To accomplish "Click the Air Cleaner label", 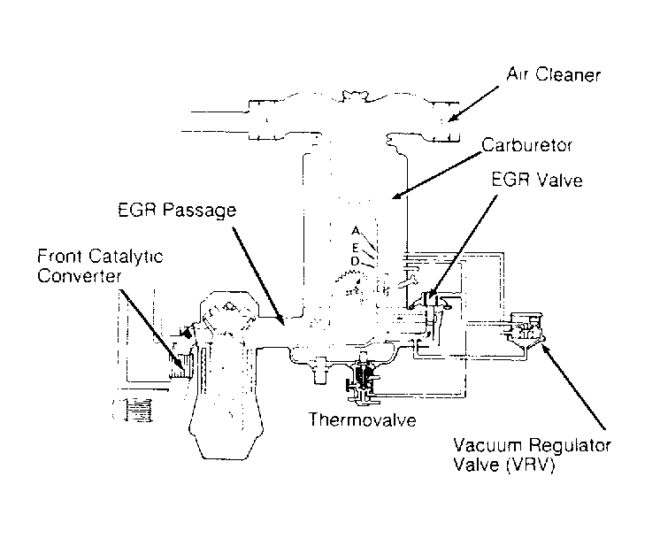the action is click(553, 74).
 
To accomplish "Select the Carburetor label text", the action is click(526, 145).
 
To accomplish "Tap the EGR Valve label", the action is click(537, 180).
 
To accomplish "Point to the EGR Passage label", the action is click(177, 210).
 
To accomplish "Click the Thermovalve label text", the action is click(363, 419).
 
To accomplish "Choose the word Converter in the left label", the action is click(79, 276).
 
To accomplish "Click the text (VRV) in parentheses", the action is click(530, 465).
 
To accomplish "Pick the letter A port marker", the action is click(356, 231).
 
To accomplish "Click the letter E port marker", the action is click(356, 248).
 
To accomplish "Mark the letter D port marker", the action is click(356, 261).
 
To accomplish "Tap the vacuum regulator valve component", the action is click(524, 329).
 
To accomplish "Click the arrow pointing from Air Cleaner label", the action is click(473, 104).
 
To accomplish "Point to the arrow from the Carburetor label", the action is click(436, 175).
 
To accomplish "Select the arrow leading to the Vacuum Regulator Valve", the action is click(573, 387).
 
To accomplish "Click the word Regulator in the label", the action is click(570, 446).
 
